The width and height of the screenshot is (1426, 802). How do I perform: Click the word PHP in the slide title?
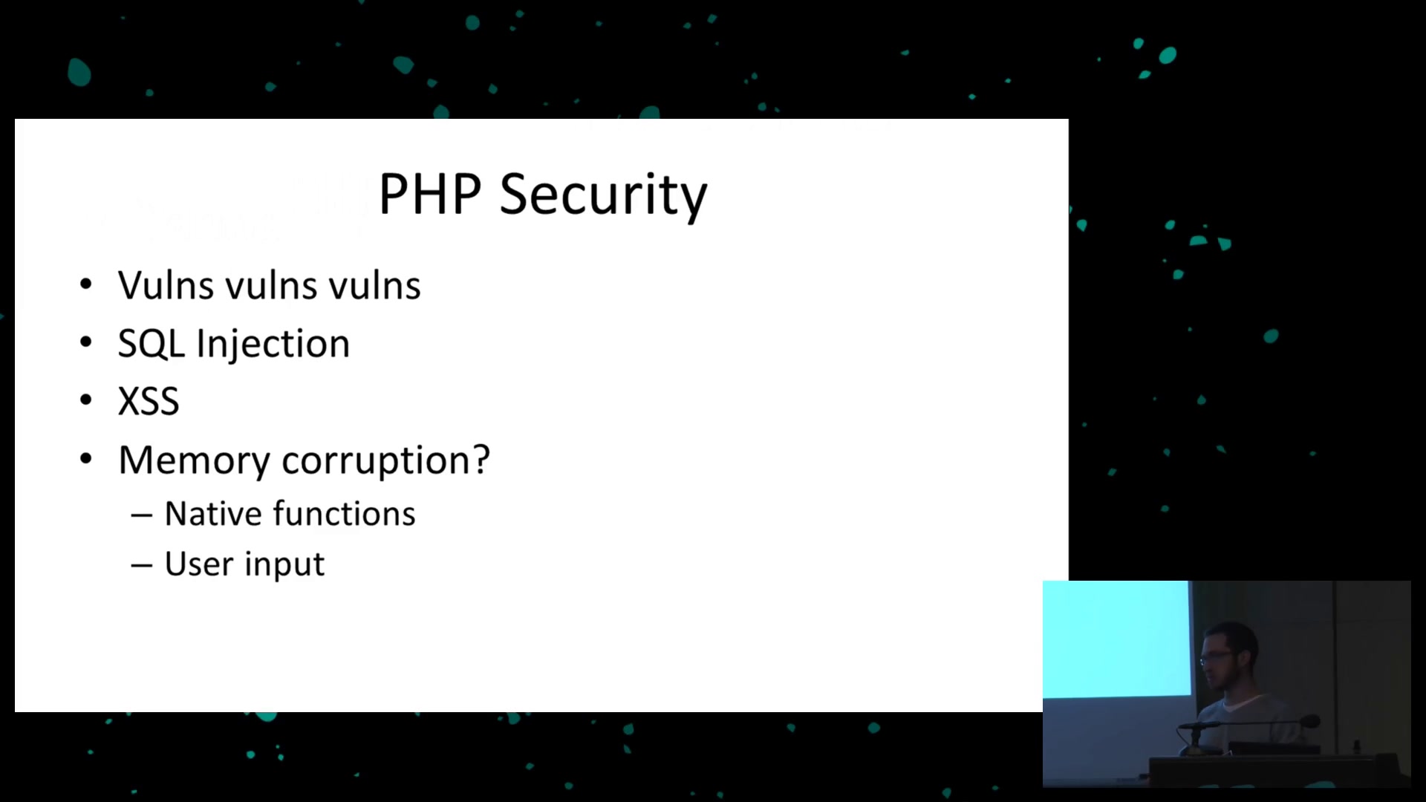(x=430, y=195)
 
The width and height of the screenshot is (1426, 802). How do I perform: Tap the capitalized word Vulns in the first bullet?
(x=166, y=285)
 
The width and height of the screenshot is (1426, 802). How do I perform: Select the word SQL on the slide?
(x=151, y=344)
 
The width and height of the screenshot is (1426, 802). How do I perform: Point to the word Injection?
(x=273, y=345)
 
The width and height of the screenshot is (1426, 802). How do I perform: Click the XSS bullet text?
(x=149, y=402)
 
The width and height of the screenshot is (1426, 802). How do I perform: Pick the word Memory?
(x=195, y=460)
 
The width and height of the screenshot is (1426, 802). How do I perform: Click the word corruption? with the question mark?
(x=386, y=460)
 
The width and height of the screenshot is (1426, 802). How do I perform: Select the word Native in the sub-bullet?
(x=213, y=514)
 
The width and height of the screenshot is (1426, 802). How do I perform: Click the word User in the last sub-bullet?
(x=199, y=564)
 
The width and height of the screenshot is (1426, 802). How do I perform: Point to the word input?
(x=285, y=565)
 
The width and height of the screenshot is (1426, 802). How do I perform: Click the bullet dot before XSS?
(x=86, y=400)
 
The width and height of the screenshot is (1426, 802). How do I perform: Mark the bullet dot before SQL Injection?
(x=86, y=342)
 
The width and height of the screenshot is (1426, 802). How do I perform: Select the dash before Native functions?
(x=142, y=515)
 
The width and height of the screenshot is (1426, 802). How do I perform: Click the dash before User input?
(x=142, y=566)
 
